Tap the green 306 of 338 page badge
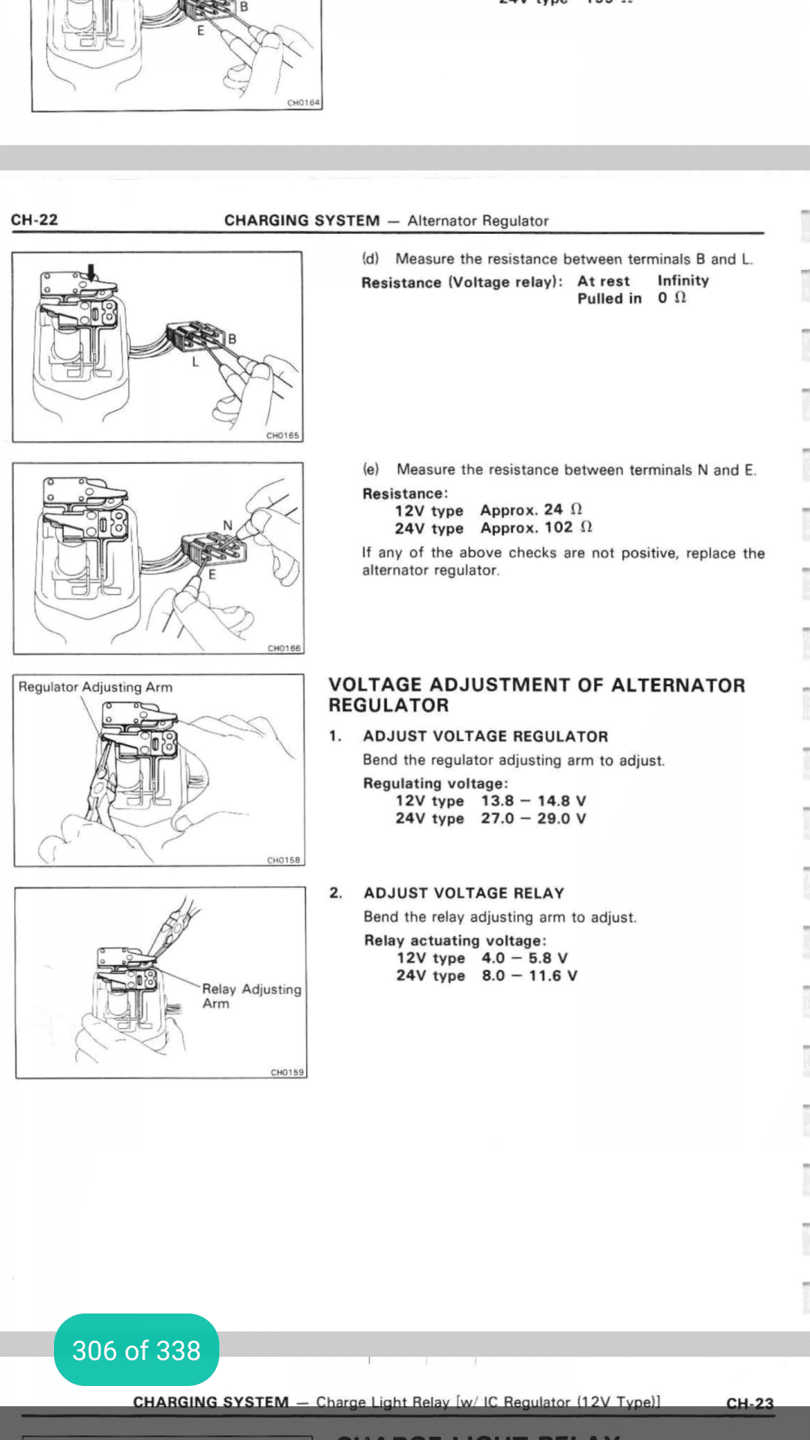point(136,1350)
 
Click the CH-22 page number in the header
point(34,220)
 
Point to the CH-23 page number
point(749,1403)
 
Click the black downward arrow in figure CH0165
point(91,271)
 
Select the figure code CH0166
point(284,648)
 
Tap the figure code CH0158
point(283,860)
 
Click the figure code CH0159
point(287,1072)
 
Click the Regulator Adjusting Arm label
point(95,687)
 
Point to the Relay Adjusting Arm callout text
point(251,996)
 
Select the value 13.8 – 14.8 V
point(533,801)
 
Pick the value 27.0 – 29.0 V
point(533,818)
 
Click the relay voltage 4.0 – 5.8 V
point(524,958)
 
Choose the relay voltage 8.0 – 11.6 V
point(529,976)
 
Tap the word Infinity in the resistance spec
point(683,280)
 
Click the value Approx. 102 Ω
point(536,528)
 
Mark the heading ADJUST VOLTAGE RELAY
point(463,893)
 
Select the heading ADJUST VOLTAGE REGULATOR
point(485,736)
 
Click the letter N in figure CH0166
point(228,525)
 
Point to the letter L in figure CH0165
point(195,361)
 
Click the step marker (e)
point(371,469)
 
